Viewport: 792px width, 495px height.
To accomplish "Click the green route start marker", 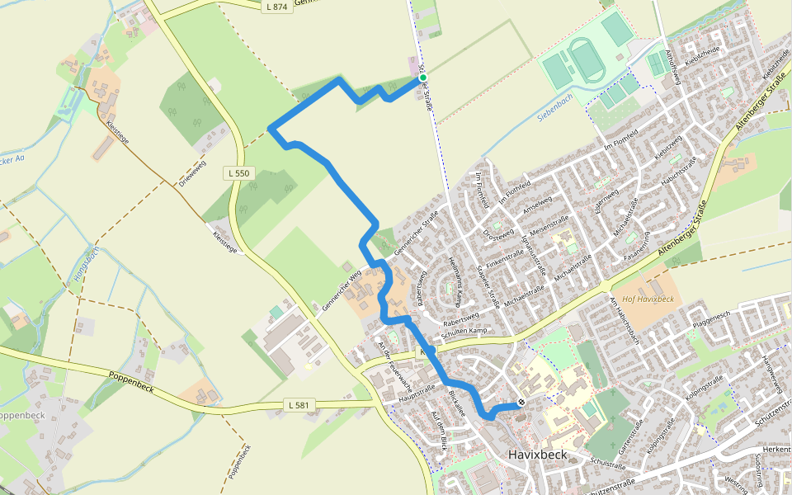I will pos(423,78).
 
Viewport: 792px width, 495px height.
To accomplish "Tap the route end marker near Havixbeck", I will pos(521,403).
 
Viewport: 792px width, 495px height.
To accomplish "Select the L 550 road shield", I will pos(241,173).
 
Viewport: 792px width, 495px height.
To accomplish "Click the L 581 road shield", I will pos(299,404).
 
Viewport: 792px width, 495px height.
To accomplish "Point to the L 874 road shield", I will pos(276,7).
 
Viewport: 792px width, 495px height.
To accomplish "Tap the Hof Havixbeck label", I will pos(648,299).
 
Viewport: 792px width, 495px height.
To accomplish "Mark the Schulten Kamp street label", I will pos(464,330).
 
